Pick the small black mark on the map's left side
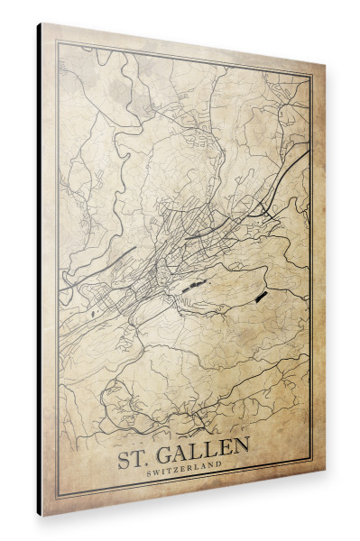pos(92,314)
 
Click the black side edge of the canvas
pos(39,270)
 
